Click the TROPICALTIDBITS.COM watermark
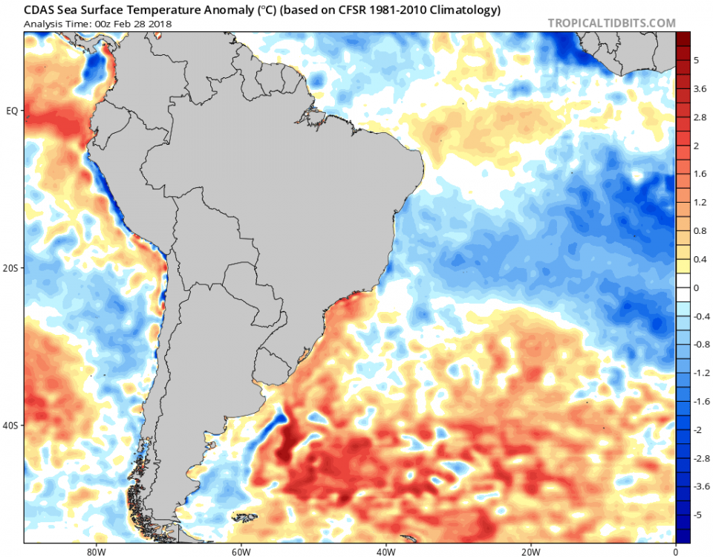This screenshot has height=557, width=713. pos(611,23)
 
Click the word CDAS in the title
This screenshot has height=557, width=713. pos(39,10)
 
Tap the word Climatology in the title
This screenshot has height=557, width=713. pos(462,10)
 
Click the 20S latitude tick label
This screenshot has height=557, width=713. pos(12,268)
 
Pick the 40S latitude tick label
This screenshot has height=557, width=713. pos(12,426)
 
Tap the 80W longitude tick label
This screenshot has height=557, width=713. pos(94,552)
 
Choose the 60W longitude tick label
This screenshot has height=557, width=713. pos(239,552)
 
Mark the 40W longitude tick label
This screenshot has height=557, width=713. pos(385,552)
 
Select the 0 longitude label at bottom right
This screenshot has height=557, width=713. pos(675,552)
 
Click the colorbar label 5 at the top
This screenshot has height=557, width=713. pos(696,61)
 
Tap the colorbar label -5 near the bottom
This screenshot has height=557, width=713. pos(697,514)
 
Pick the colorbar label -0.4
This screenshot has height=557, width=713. pos(701,316)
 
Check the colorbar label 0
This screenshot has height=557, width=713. pos(696,287)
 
